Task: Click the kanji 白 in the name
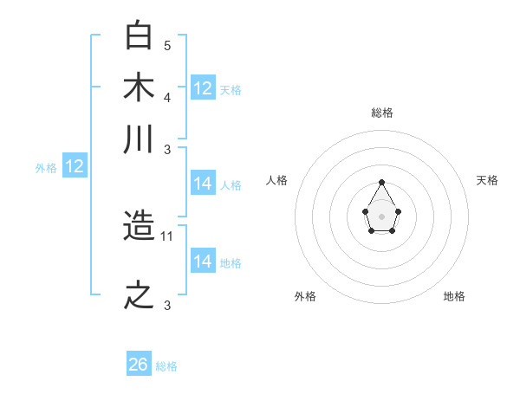140,36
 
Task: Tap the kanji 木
140,87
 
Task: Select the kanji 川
140,139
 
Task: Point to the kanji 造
140,228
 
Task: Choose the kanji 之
140,295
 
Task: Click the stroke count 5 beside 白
167,45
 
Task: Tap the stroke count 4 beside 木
167,96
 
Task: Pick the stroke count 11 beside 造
168,236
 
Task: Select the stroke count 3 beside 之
167,304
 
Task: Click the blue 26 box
139,365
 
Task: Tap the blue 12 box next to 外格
75,166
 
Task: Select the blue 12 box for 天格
203,87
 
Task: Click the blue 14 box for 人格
203,184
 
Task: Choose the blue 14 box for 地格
203,261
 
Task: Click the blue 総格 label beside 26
166,366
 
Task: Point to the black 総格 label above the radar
381,113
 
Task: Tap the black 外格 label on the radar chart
305,296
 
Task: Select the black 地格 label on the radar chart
454,296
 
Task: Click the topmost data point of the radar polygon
381,182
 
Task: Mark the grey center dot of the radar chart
381,215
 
